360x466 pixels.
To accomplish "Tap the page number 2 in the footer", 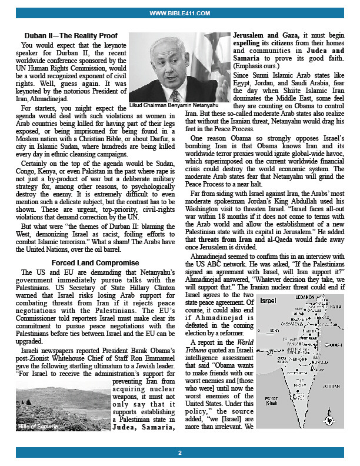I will pyautogui.click(x=180, y=452).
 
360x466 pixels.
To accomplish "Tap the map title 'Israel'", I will pyautogui.click(x=268, y=301).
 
